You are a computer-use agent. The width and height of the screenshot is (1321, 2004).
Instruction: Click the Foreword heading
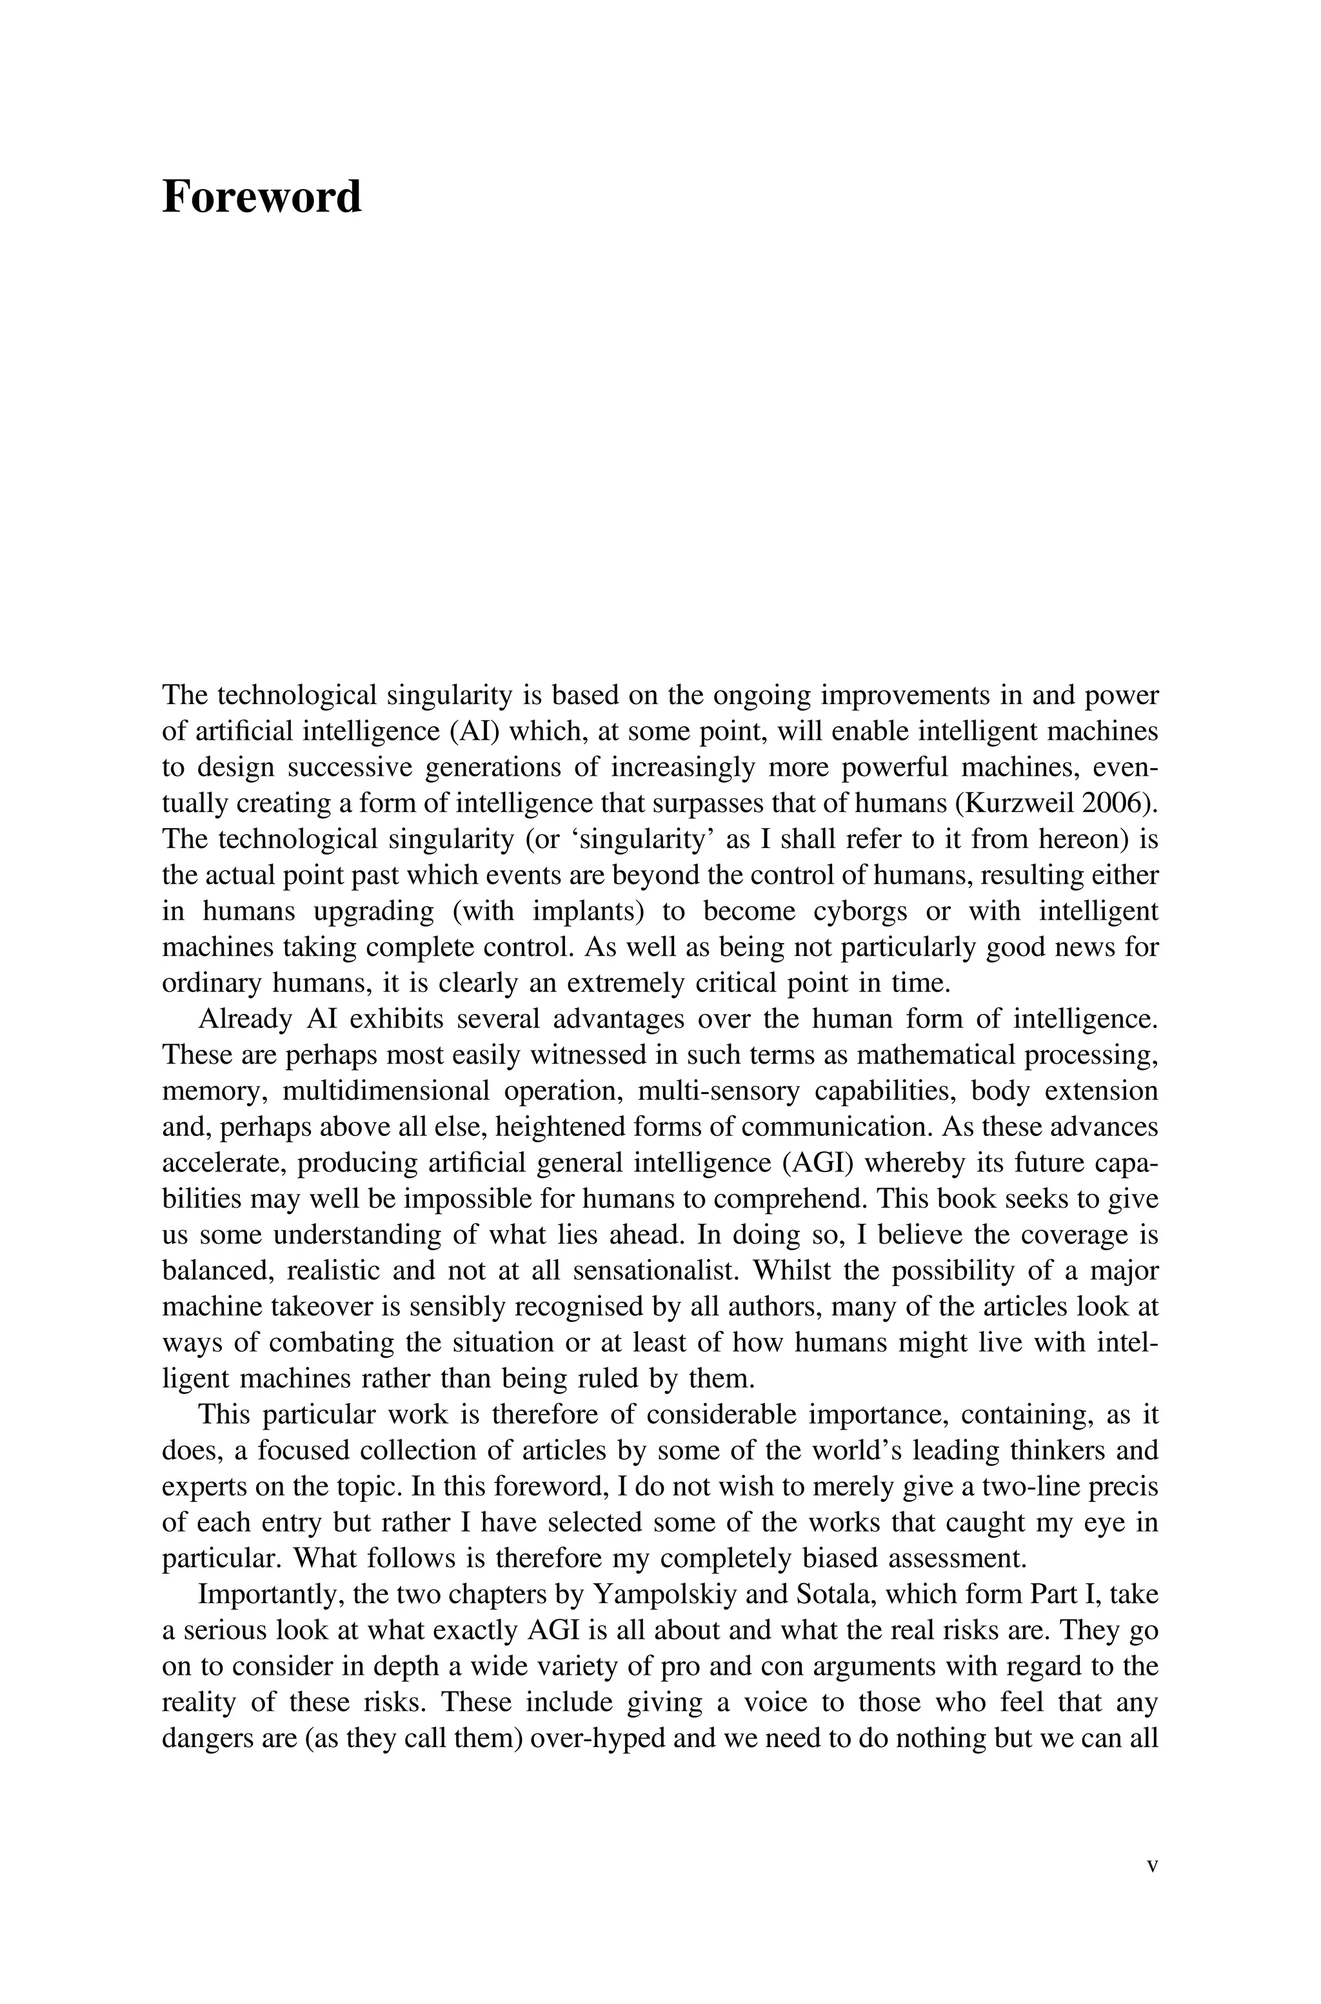tap(261, 197)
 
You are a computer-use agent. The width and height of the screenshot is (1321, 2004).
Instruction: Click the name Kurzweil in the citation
tap(1015, 803)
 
